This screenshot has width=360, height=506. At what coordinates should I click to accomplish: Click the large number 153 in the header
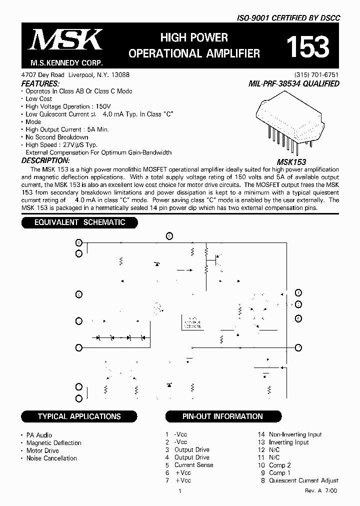[307, 47]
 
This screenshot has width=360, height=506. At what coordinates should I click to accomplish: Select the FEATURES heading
[40, 83]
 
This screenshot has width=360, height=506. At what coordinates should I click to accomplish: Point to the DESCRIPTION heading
[45, 160]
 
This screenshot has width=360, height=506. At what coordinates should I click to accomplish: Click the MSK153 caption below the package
[291, 162]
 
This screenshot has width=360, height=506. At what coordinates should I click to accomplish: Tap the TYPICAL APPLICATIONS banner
[79, 416]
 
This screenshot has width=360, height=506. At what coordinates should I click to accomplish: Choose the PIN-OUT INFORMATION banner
[222, 416]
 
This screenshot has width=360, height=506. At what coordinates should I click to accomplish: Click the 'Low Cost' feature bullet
[39, 99]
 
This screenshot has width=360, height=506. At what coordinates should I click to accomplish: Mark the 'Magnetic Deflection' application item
[53, 443]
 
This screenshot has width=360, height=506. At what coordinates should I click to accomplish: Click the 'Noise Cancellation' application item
[51, 458]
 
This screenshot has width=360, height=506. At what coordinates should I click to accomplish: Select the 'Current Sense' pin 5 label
[193, 465]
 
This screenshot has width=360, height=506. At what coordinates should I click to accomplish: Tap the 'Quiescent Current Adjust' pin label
[303, 480]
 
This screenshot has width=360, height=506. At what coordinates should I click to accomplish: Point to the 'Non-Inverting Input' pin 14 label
[295, 435]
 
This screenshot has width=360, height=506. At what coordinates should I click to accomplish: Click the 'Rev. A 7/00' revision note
[321, 491]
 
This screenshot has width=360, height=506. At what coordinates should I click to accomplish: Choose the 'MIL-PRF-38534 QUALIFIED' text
[293, 84]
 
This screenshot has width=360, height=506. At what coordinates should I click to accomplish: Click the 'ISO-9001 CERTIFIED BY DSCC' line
[288, 17]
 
